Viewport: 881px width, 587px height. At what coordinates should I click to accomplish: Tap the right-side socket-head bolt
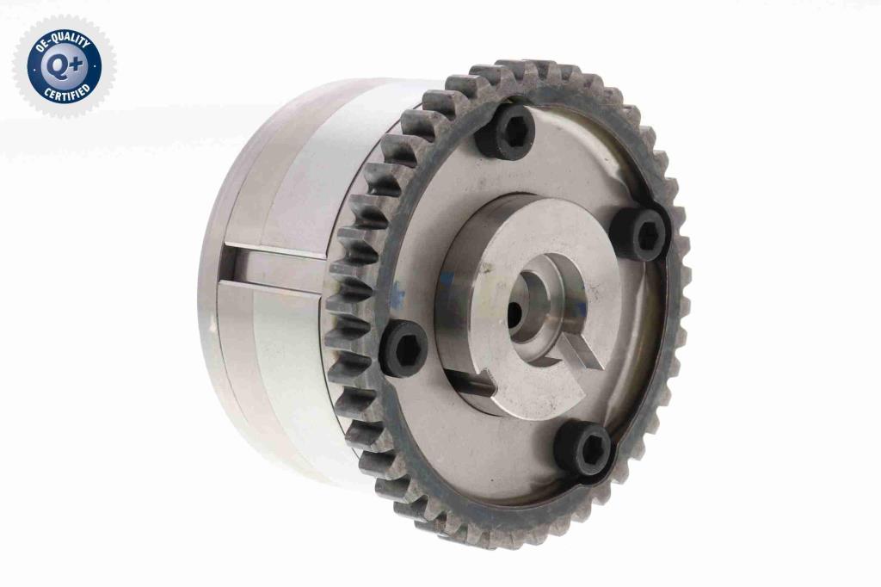pos(640,234)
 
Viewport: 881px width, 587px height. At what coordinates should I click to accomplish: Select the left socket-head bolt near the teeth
pos(407,349)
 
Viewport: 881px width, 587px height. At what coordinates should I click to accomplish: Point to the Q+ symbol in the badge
pos(64,65)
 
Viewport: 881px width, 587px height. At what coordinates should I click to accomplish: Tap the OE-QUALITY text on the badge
pos(59,41)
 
